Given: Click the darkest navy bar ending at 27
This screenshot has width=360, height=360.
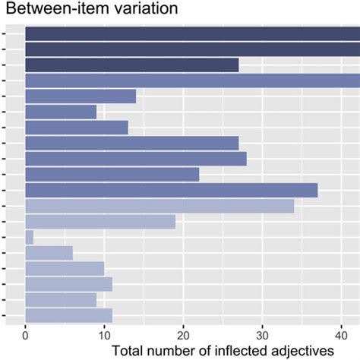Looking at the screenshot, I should [131, 65].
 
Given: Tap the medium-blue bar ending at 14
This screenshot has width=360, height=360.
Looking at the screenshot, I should [81, 96].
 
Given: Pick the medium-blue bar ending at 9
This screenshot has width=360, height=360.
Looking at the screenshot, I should [61, 112].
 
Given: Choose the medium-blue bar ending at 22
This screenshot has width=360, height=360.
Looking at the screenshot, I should [112, 174].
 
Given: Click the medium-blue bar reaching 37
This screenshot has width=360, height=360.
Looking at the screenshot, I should [171, 190].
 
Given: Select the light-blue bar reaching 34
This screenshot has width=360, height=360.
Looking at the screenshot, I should [159, 206].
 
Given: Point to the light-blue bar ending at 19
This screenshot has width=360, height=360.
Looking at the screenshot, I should [100, 221].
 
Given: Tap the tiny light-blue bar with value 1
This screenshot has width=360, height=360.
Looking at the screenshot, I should [29, 237].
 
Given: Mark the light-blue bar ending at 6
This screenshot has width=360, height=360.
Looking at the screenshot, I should [49, 253].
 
